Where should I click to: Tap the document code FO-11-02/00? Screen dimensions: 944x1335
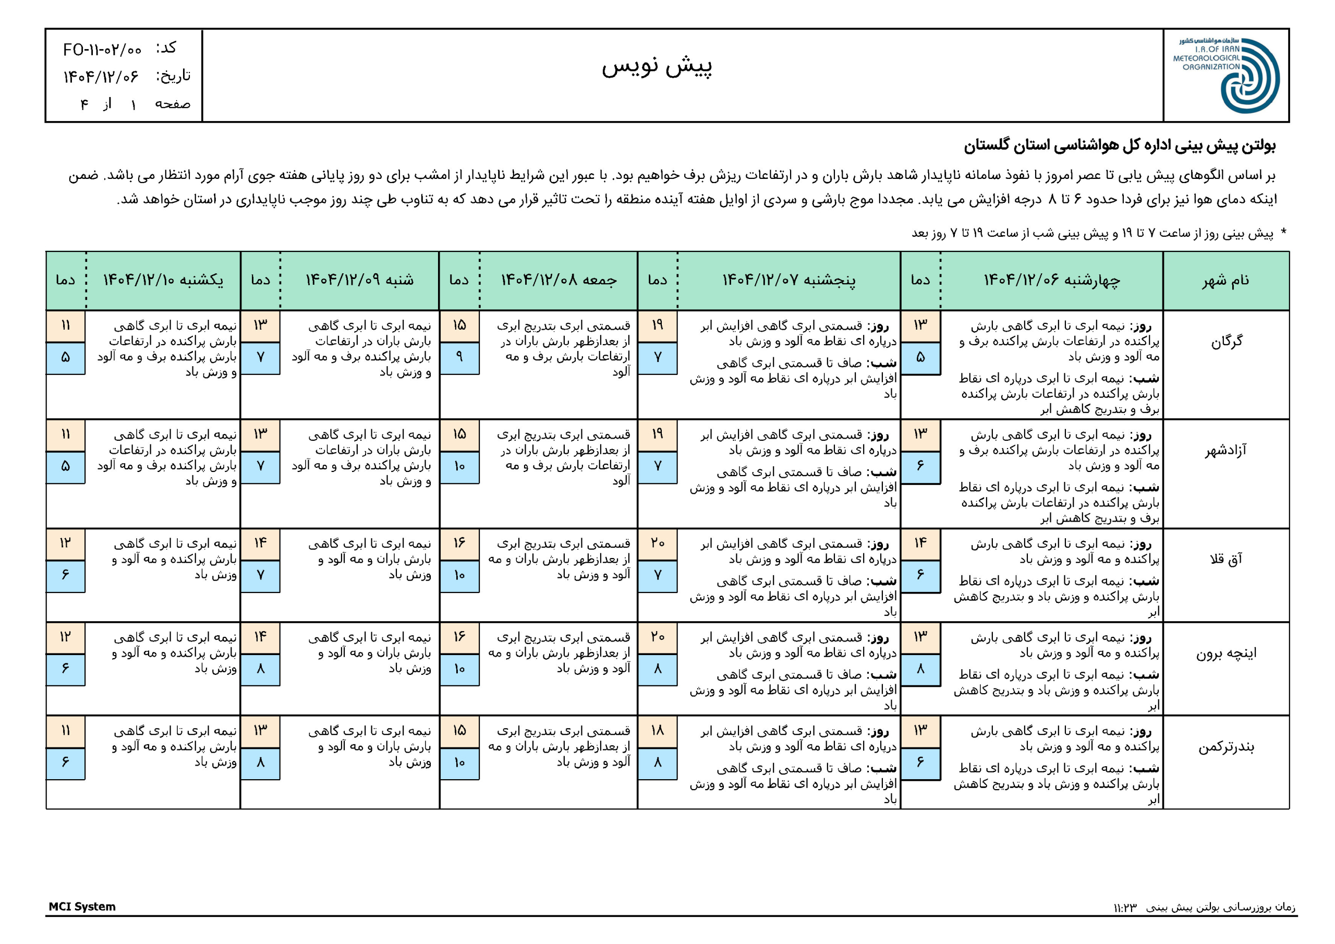102,50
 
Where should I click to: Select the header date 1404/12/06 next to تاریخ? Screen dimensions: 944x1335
101,76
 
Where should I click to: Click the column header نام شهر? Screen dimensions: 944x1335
1225,281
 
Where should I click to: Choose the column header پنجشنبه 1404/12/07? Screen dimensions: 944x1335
788,281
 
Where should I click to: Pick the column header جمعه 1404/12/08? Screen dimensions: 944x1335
559,281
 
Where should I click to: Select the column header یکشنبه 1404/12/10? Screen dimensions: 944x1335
163,281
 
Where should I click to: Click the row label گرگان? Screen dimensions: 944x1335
1226,342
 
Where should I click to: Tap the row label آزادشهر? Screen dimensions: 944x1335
1225,450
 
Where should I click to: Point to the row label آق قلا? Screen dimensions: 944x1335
1225,560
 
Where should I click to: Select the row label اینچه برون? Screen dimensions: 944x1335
1225,653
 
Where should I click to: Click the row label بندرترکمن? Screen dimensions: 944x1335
1225,747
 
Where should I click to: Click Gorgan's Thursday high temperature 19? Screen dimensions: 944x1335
657,325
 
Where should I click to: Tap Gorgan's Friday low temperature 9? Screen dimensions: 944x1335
459,357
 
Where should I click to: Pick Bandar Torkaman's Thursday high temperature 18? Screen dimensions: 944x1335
657,731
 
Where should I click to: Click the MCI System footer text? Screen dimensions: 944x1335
82,907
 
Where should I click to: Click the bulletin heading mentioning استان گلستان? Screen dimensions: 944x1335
1119,146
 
